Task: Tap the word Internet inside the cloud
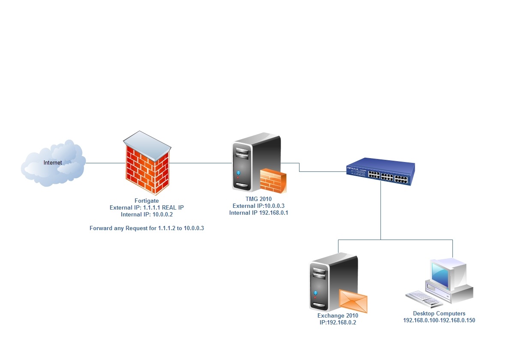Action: (x=53, y=162)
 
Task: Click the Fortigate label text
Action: (x=147, y=201)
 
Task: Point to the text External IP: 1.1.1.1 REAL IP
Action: (x=147, y=207)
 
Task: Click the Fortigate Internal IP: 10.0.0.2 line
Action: (x=147, y=214)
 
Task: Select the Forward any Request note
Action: (x=147, y=228)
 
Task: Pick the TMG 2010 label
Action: (x=258, y=199)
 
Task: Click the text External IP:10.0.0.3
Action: (x=258, y=206)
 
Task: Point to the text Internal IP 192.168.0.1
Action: (x=258, y=213)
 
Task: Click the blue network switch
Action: (x=381, y=171)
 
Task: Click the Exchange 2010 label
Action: (x=338, y=315)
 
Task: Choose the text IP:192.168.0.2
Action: (x=338, y=322)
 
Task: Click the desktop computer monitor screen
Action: (x=441, y=274)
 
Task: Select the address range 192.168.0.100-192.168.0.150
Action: (x=439, y=320)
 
